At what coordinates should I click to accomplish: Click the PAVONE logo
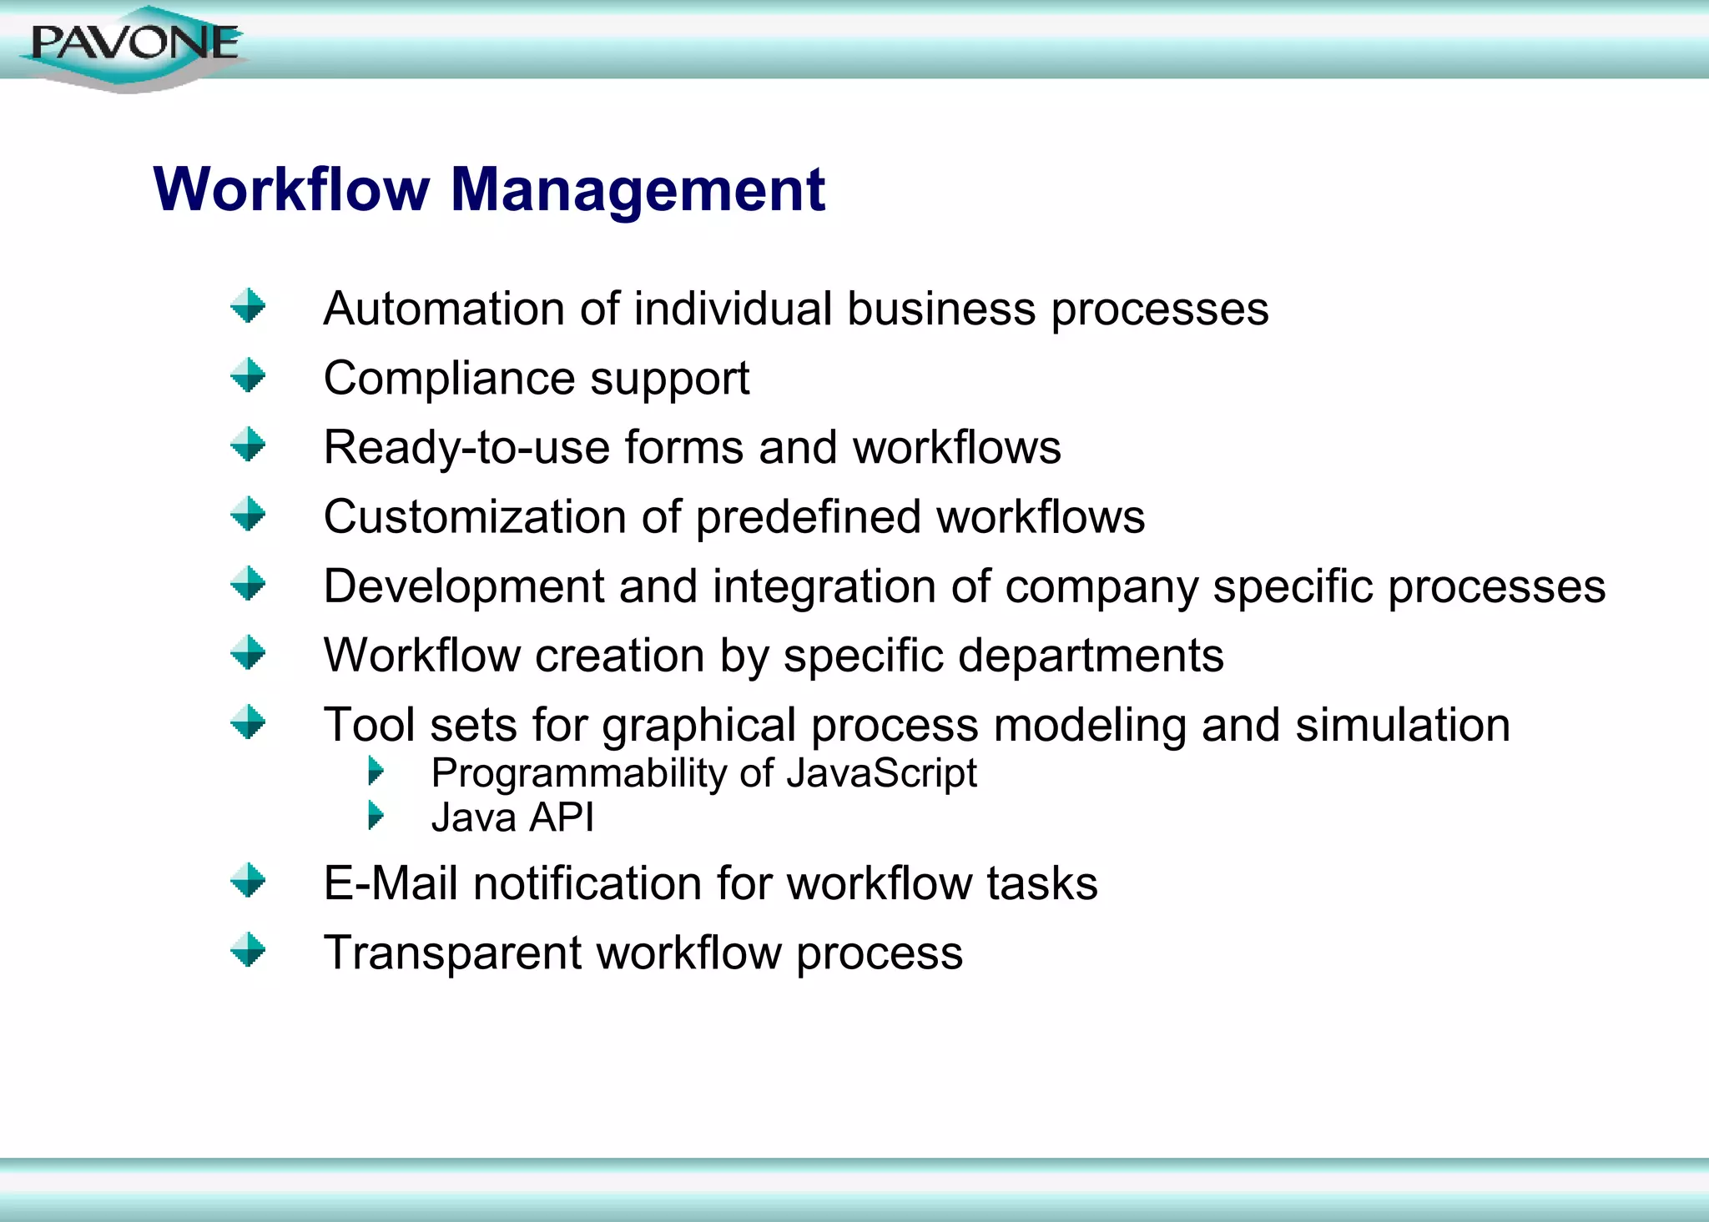click(x=134, y=45)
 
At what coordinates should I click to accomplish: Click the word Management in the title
click(x=638, y=190)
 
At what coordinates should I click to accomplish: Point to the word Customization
click(x=474, y=517)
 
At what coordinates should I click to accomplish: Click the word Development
click(x=463, y=586)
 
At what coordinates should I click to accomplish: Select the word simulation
click(x=1402, y=725)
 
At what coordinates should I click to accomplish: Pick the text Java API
click(x=512, y=817)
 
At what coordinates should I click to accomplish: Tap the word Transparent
click(x=452, y=953)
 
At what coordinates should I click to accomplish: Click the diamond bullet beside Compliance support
click(x=248, y=375)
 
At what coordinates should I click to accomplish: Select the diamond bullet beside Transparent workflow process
click(x=248, y=950)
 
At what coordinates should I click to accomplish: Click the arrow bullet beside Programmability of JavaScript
click(x=376, y=771)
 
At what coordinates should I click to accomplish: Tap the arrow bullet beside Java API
click(x=376, y=815)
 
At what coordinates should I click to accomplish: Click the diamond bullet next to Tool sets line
click(x=248, y=722)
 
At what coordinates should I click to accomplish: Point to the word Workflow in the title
click(x=291, y=190)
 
